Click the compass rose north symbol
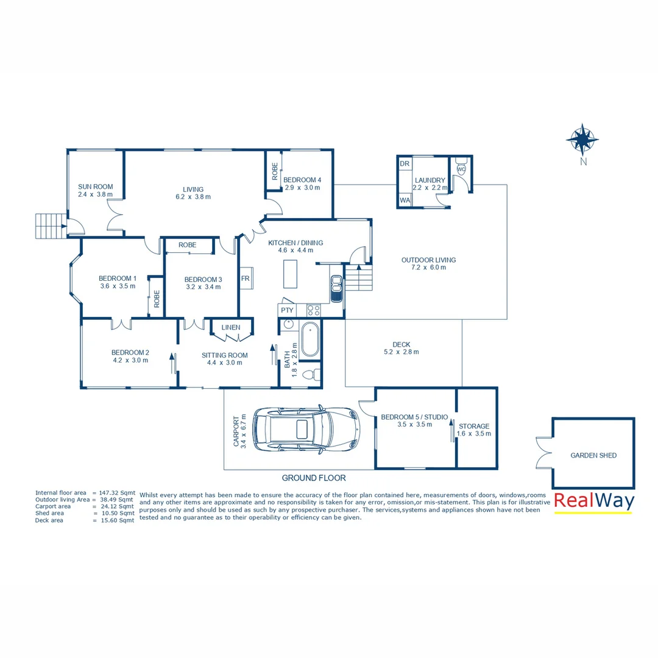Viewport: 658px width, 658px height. (x=582, y=140)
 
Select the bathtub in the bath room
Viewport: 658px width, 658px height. (x=309, y=340)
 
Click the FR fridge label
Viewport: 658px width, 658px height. (x=245, y=279)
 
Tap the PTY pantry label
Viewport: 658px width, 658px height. (x=286, y=310)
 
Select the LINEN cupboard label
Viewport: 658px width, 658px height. (x=231, y=328)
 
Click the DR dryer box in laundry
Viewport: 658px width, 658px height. (x=405, y=164)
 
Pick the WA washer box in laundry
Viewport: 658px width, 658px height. (x=405, y=200)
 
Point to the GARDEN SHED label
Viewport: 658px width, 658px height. (x=593, y=455)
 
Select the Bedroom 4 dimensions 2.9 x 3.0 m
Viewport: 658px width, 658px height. (x=302, y=188)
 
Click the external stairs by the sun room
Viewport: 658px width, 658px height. (x=49, y=226)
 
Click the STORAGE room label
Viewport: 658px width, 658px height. (x=474, y=426)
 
